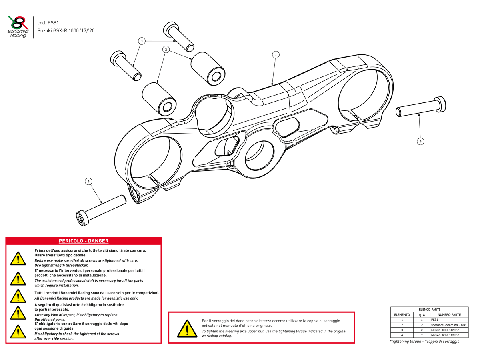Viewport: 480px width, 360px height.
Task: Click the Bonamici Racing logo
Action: click(18, 27)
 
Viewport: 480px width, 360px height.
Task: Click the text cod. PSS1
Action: click(48, 23)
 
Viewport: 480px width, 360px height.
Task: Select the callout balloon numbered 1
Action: click(275, 54)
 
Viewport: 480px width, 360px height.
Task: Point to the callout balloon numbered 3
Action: click(141, 41)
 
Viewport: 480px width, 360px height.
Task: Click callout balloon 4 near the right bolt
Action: click(420, 141)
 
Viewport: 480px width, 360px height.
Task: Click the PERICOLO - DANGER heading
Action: click(84, 241)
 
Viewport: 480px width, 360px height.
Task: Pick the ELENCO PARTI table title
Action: click(429, 310)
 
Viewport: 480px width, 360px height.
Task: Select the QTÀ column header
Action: click(422, 315)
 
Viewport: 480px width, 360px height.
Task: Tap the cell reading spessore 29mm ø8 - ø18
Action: click(449, 325)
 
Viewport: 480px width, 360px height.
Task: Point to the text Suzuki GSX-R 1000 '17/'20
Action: click(66, 31)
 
